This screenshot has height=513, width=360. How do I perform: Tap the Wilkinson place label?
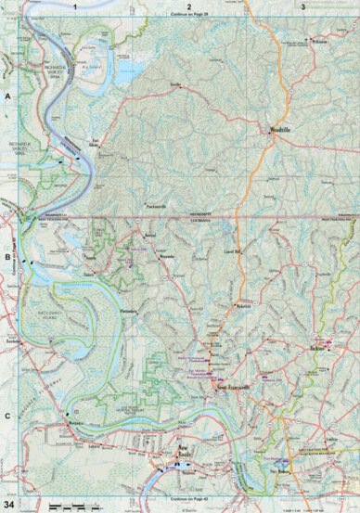click(320, 42)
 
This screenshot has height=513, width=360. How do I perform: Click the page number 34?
click(9, 504)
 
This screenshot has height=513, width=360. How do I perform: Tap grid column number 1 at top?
click(72, 6)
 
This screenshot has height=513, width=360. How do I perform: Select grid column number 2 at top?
click(188, 6)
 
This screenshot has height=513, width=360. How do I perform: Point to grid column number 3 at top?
click(303, 6)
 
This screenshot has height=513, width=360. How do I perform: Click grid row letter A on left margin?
click(6, 96)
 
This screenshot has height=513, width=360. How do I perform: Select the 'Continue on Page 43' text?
click(188, 501)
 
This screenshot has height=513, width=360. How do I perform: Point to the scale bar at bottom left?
click(70, 505)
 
